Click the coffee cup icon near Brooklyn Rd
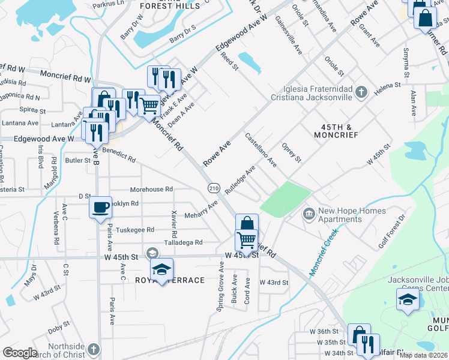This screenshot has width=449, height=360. click(100, 207)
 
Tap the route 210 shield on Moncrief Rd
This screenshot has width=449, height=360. click(214, 188)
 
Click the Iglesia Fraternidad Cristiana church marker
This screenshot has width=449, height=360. click(361, 92)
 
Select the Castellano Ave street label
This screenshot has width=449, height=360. click(261, 150)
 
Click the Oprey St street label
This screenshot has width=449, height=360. click(291, 152)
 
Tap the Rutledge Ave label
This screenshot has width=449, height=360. click(240, 179)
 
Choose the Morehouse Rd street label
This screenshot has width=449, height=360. click(151, 189)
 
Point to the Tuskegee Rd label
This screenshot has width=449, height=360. click(134, 230)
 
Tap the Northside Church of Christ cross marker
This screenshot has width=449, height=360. click(92, 349)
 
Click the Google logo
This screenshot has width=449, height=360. click(20, 353)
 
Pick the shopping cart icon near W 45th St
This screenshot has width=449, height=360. click(247, 240)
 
